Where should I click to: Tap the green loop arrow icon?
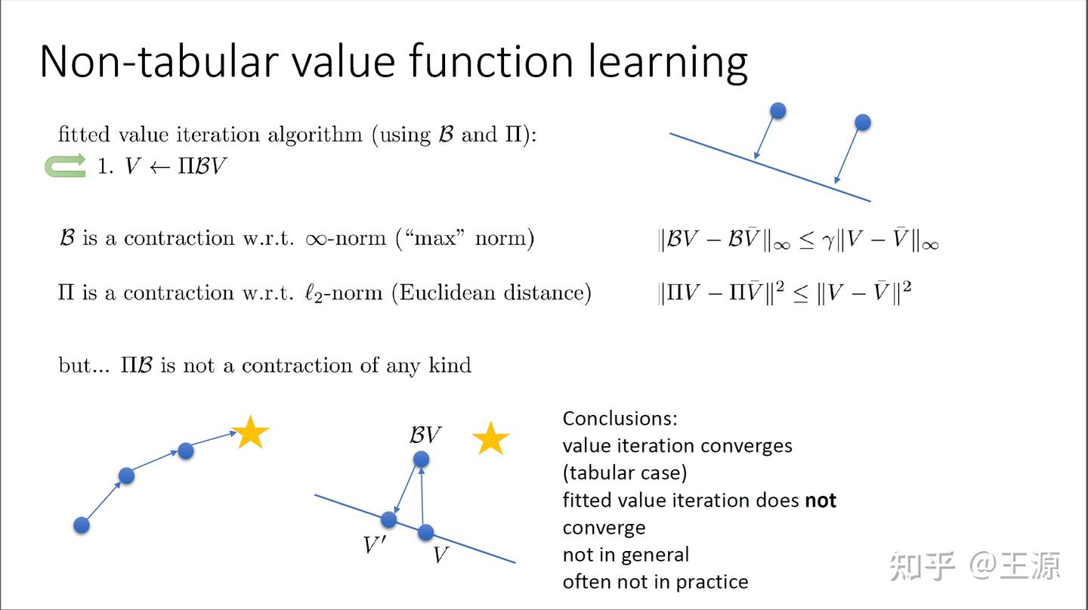pos(65,166)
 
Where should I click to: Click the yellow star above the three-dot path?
pos(250,432)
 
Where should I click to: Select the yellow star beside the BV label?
pos(490,438)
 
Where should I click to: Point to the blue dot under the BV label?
pos(421,459)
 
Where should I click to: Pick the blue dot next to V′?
pos(389,519)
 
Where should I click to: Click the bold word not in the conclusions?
pos(821,500)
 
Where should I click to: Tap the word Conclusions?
pos(620,418)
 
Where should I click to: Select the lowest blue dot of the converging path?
pos(82,525)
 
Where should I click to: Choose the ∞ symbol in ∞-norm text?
pos(315,239)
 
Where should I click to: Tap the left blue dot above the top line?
pos(777,111)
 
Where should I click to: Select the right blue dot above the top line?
pos(862,122)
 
